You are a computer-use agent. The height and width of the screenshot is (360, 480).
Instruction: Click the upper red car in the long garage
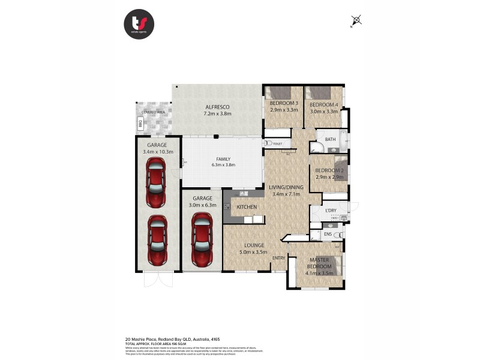pos(156,187)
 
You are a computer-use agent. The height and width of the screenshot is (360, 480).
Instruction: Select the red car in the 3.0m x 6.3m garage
pos(201,238)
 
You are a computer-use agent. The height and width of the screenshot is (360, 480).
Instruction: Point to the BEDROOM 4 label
pos(324,104)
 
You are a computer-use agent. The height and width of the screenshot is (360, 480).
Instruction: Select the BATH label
pos(330,139)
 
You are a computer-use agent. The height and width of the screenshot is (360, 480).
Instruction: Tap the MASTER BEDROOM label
pos(319,263)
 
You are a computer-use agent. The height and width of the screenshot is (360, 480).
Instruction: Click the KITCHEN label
pos(247,207)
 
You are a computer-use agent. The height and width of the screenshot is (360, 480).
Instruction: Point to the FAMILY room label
pos(223,159)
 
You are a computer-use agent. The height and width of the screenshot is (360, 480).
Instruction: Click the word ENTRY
pos(278,258)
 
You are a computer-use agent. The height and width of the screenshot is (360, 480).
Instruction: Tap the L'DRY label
pos(331,210)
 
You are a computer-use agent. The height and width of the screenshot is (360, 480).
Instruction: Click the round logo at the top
pos(139,25)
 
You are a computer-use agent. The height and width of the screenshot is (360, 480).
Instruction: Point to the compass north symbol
pos(356,22)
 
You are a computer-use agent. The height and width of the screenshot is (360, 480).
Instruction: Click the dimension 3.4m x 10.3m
pos(158,152)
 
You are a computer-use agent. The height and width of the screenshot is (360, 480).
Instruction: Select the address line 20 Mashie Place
pos(176,338)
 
